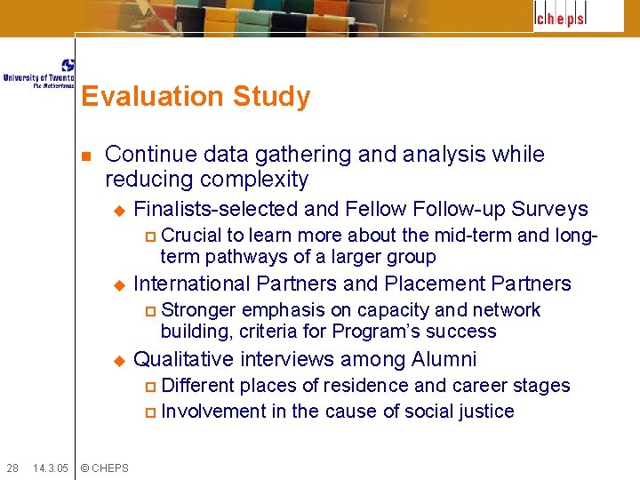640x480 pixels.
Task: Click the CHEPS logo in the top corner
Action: click(x=578, y=17)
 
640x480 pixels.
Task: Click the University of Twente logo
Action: click(x=39, y=74)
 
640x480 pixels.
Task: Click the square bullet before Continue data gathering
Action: click(x=86, y=156)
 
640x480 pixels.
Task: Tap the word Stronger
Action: click(x=199, y=310)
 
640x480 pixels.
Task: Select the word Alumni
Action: click(x=444, y=359)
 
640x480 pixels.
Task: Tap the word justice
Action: click(x=484, y=411)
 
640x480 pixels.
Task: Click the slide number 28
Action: click(x=12, y=468)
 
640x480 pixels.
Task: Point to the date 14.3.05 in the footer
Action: click(x=50, y=468)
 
